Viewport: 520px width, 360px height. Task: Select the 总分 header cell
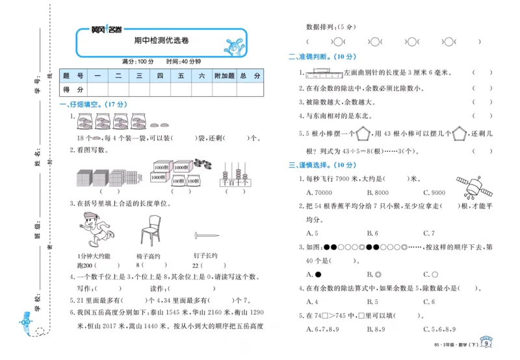250,76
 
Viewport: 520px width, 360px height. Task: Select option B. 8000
378,192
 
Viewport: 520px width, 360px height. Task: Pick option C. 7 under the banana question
428,233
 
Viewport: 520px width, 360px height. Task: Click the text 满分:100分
137,61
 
